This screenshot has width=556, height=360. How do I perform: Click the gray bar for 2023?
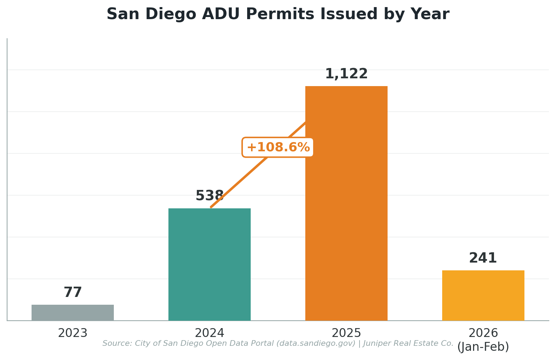(x=73, y=313)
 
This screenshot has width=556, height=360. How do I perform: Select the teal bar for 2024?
(x=209, y=264)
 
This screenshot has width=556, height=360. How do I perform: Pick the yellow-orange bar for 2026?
(x=483, y=295)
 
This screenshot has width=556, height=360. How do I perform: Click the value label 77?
(x=73, y=293)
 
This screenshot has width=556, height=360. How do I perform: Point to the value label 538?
(x=209, y=196)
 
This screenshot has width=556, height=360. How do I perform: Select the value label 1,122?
(x=346, y=74)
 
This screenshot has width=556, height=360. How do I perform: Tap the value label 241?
(x=483, y=258)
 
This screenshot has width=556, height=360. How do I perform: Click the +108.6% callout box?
(x=278, y=147)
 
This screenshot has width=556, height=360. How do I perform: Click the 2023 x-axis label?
(x=73, y=333)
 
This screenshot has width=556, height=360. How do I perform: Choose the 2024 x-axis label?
(x=209, y=333)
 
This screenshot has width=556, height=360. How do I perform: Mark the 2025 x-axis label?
(x=346, y=333)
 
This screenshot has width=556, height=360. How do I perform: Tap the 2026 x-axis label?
(x=483, y=333)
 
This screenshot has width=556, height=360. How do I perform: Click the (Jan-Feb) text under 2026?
(x=483, y=347)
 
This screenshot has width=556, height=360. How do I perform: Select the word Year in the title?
(x=430, y=15)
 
